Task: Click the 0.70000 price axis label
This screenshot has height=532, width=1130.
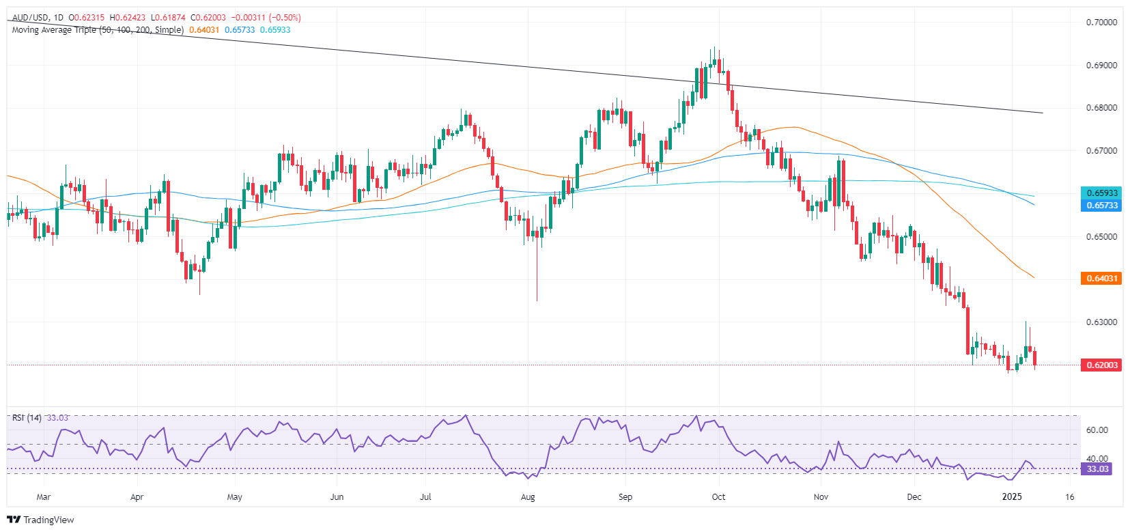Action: click(x=1101, y=23)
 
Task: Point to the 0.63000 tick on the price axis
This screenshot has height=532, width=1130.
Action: click(x=1101, y=322)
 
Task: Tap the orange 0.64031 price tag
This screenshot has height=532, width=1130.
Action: click(x=1101, y=279)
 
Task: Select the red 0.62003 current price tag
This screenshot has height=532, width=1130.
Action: click(x=1101, y=365)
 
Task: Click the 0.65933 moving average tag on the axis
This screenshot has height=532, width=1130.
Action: click(x=1101, y=193)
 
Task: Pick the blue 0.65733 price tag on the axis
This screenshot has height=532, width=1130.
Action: click(x=1101, y=206)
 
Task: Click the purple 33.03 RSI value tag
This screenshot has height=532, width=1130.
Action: click(x=1097, y=469)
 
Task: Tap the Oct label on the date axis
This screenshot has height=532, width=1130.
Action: click(x=718, y=497)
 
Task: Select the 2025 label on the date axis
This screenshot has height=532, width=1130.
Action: click(x=1012, y=497)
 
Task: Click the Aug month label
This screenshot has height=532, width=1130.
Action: click(x=527, y=497)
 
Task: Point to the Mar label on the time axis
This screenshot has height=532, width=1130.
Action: click(x=43, y=497)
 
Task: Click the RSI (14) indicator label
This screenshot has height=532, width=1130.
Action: click(x=27, y=418)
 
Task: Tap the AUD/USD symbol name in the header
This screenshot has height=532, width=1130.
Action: click(x=31, y=18)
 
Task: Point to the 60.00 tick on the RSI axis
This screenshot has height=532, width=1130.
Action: click(x=1097, y=430)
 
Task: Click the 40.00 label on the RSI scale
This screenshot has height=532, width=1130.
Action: click(x=1097, y=459)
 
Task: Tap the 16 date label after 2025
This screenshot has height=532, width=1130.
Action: click(x=1069, y=497)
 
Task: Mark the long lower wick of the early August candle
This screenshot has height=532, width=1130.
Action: click(x=537, y=273)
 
